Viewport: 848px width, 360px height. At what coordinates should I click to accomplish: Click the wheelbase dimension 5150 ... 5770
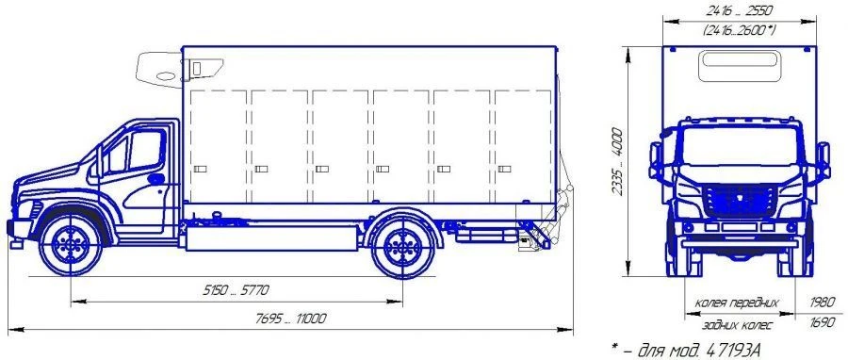[236, 291]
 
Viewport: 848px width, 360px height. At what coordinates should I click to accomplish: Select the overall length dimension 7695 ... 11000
[290, 319]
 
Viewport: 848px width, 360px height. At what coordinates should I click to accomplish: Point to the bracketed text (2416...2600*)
[740, 31]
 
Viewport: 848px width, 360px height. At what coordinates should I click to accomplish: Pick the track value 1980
[824, 303]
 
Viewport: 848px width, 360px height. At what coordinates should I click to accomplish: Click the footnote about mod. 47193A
[689, 350]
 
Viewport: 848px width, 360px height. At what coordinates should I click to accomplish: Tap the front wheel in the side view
[71, 245]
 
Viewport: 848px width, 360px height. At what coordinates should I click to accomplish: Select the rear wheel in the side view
[401, 248]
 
